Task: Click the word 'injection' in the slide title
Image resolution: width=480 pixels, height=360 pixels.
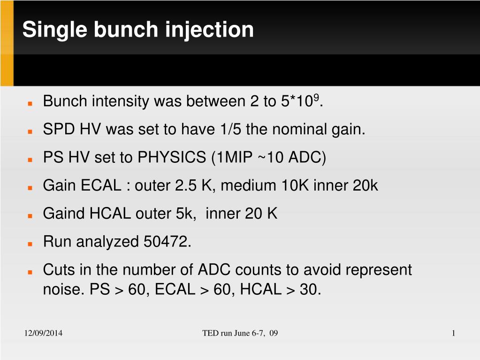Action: tap(209, 30)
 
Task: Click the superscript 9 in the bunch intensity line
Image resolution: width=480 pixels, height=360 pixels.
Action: tap(316, 97)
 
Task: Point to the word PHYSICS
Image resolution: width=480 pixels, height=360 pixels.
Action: tap(172, 157)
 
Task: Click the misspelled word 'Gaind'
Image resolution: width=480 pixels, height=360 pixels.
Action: tap(64, 214)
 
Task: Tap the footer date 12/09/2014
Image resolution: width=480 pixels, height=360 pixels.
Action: tap(43, 333)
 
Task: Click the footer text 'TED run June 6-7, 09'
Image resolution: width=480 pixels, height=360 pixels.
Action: tap(240, 333)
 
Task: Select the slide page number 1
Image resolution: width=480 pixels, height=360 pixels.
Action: tap(453, 333)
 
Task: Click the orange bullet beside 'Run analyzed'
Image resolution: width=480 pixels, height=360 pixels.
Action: tap(30, 244)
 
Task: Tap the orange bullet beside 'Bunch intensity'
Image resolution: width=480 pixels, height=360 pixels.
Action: tap(30, 103)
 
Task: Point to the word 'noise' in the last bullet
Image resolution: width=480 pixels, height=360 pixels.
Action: tap(62, 289)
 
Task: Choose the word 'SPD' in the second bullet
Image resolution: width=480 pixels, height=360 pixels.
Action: tap(59, 129)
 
